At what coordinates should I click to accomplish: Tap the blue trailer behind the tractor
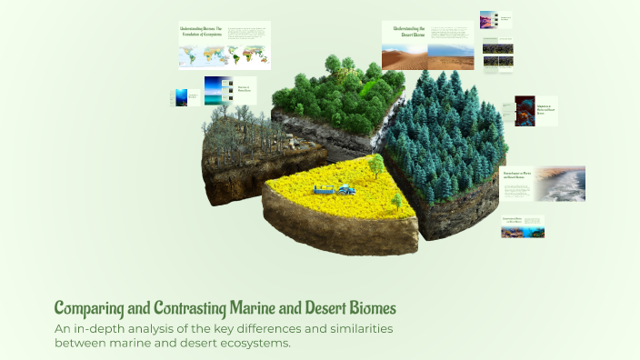coord(323,190)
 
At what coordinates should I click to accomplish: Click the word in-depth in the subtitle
coord(101,328)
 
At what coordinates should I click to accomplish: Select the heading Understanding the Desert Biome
coord(408,32)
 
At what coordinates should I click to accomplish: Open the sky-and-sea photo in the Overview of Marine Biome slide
coord(218,90)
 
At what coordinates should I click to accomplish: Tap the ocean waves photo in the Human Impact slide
coord(559,183)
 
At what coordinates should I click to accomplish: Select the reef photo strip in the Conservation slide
coord(523,232)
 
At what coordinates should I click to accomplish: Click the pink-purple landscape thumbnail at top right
coord(496,20)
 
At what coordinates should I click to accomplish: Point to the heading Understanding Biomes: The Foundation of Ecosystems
coord(202,32)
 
